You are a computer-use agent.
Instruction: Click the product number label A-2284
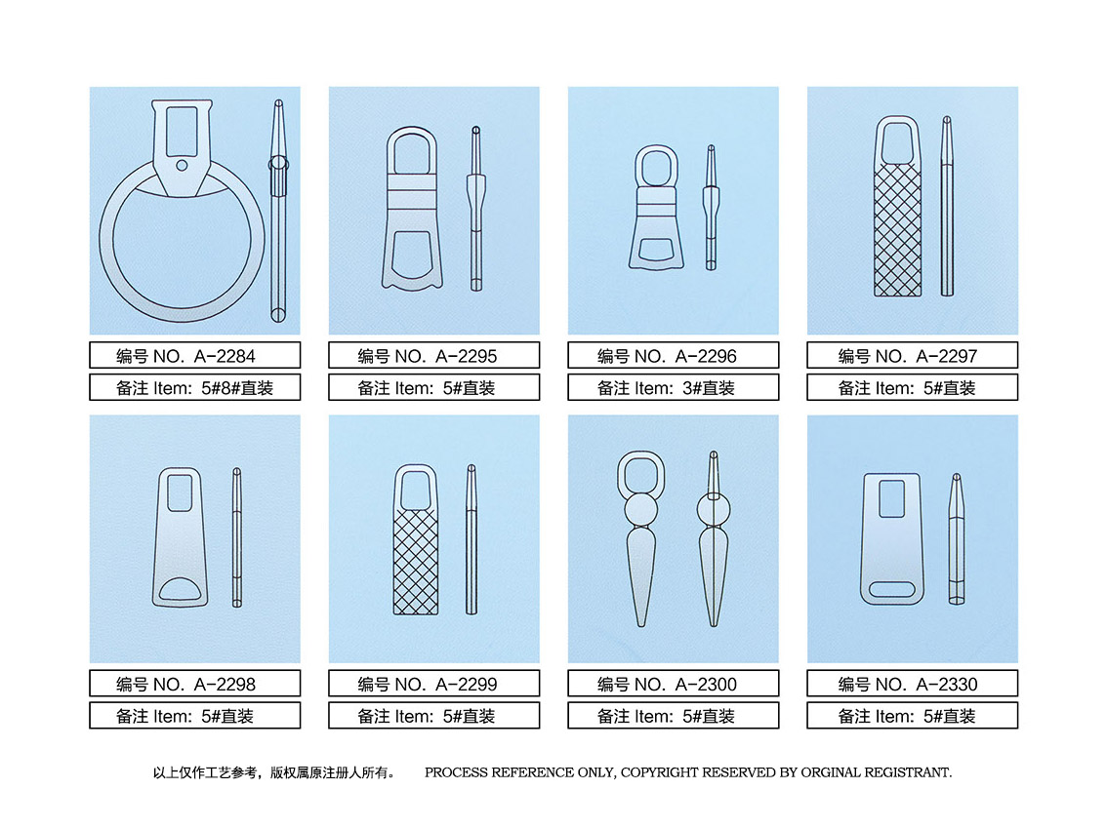tap(194, 356)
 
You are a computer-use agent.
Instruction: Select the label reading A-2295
tap(433, 356)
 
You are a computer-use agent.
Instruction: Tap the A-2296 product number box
tap(673, 356)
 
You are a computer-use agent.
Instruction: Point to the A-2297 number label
tap(912, 356)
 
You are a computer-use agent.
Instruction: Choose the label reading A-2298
tap(194, 684)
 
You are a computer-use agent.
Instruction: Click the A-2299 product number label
tap(433, 684)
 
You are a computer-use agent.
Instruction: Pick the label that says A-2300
tap(673, 684)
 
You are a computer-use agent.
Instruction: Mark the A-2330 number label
tap(912, 684)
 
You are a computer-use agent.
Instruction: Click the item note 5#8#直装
tap(237, 388)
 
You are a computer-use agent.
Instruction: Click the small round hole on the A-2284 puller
tap(182, 166)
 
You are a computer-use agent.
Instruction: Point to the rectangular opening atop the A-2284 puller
tap(182, 132)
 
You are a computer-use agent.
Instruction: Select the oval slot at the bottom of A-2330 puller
tap(892, 590)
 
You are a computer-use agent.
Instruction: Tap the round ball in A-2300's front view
tap(641, 509)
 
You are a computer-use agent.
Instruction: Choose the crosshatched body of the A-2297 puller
tap(897, 230)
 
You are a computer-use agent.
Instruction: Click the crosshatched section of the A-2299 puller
tap(415, 561)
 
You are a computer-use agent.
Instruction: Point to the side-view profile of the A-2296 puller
tap(711, 208)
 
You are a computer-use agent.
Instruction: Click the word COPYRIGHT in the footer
tap(659, 772)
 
